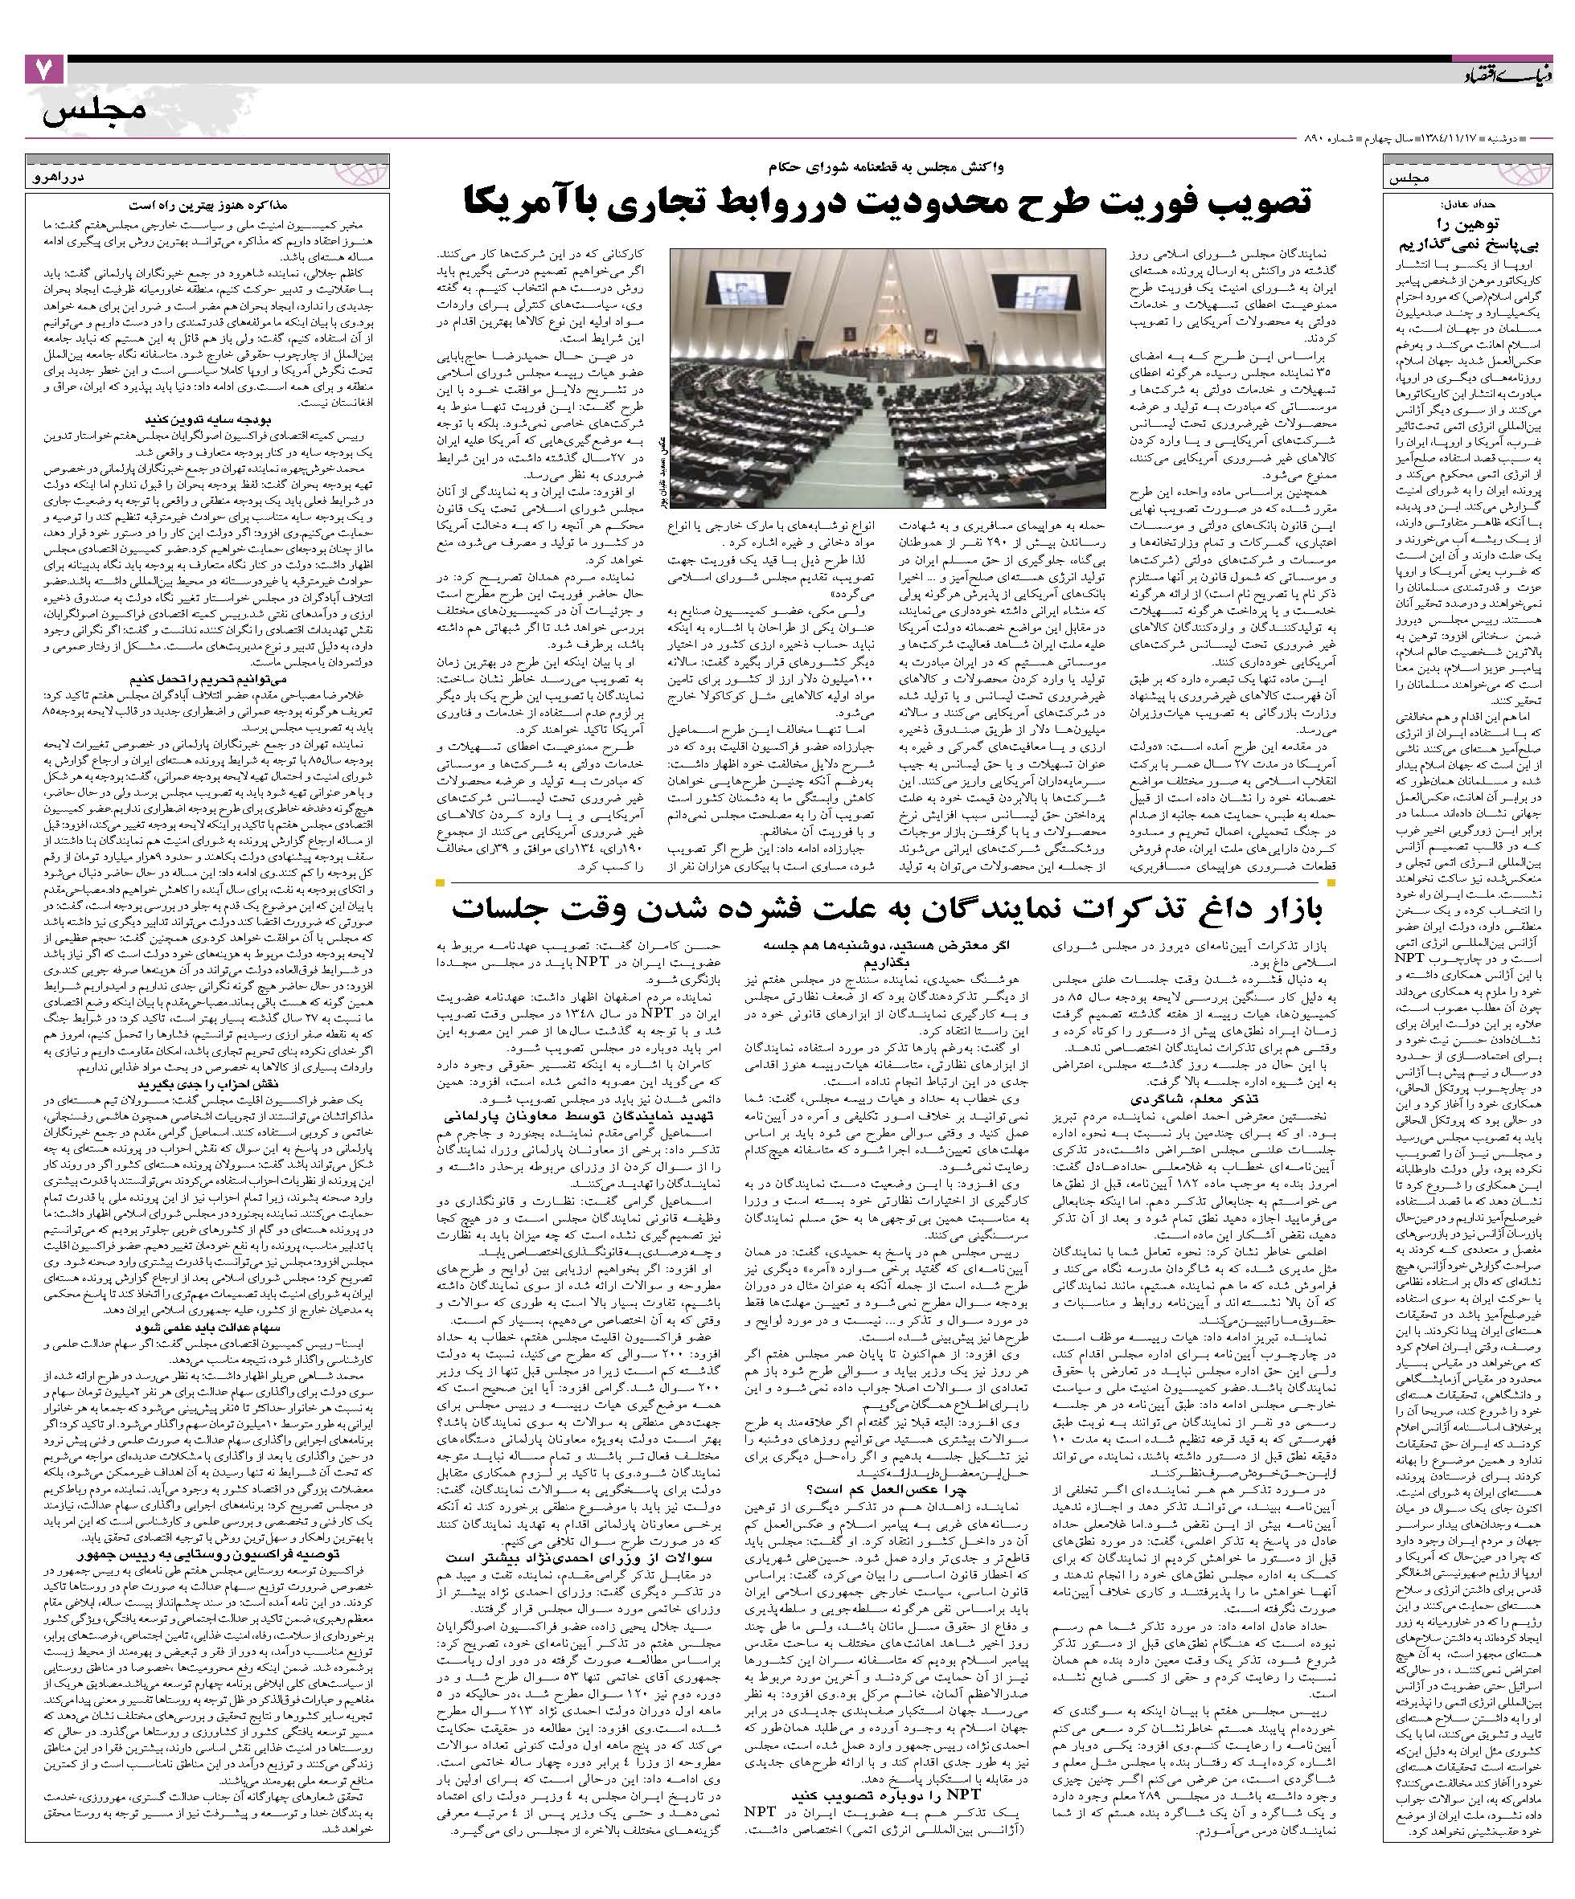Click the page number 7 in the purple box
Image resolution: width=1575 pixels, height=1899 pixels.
(44, 71)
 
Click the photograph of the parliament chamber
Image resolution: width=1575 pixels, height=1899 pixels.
(887, 377)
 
